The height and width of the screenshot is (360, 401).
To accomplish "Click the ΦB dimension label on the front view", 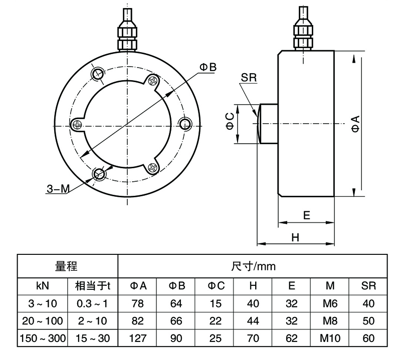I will coord(208,67).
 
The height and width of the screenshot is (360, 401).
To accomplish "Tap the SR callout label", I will coord(249,78).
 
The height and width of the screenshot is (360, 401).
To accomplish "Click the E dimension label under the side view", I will coord(307,215).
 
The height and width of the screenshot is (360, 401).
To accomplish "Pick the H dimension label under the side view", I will coord(295,238).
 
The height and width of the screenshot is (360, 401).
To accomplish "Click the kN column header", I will coord(43,286).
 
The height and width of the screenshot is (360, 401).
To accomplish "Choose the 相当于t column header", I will coord(92,286).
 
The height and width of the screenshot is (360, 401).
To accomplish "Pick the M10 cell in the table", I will coord(330,338).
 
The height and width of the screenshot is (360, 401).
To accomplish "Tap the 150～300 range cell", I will coord(43,338).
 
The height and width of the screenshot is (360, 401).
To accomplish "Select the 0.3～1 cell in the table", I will coord(92,303).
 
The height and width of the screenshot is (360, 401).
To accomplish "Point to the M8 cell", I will coord(330,320).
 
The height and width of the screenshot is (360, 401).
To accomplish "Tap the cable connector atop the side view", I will coord(304,33).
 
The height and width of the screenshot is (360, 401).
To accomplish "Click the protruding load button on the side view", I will coord(267,123).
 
